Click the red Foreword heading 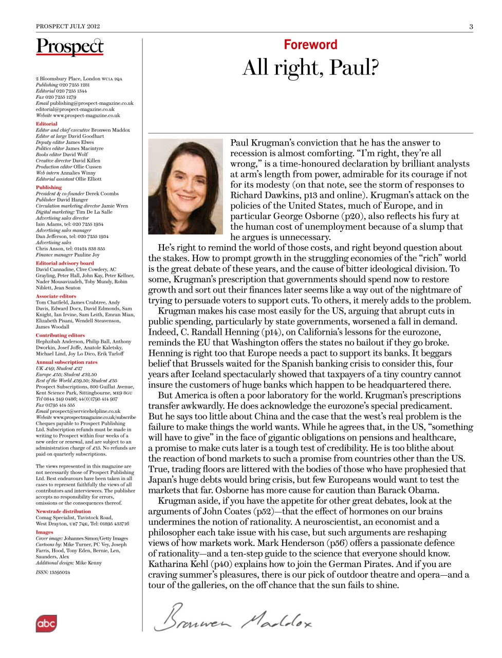click(x=310, y=45)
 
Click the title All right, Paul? click(x=310, y=67)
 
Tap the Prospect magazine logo click(x=70, y=47)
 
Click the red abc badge click(x=46, y=623)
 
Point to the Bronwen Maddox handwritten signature click(x=233, y=618)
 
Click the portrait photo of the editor click(x=185, y=186)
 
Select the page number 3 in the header click(x=471, y=26)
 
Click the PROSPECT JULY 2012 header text click(x=68, y=26)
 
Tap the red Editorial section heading click(x=47, y=124)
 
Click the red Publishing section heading click(x=49, y=188)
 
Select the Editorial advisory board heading click(x=65, y=263)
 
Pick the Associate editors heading click(x=56, y=296)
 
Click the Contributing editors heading click(x=60, y=335)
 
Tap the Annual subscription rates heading click(x=66, y=362)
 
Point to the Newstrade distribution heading click(x=63, y=511)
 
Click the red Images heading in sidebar click(x=45, y=532)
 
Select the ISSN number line click(x=53, y=572)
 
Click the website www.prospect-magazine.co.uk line click(x=78, y=116)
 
